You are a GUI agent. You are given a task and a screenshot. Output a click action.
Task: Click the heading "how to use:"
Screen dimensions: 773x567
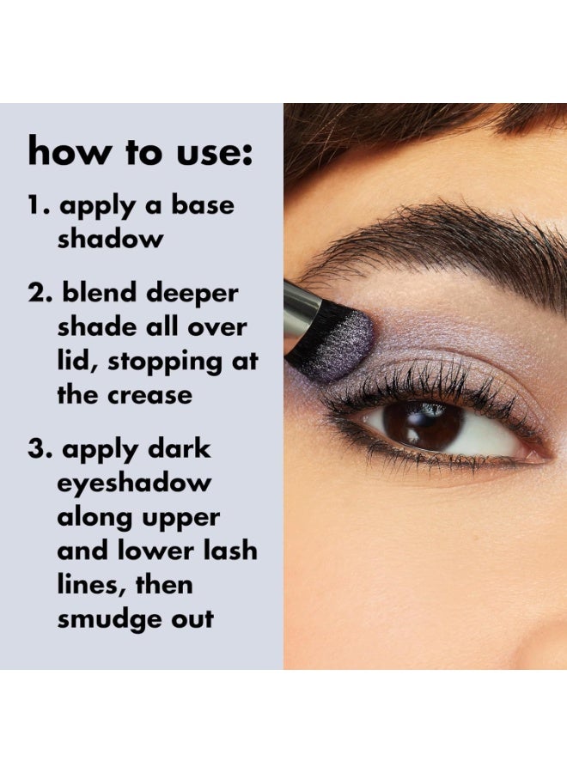(x=140, y=151)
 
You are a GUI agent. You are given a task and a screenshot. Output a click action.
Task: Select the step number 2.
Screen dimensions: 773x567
(x=38, y=295)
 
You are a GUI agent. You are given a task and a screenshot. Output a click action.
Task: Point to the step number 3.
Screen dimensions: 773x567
(x=38, y=450)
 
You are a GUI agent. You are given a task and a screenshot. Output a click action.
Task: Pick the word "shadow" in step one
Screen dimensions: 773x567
(x=110, y=240)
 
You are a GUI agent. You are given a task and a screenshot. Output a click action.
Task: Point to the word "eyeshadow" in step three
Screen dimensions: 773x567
(x=133, y=484)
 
